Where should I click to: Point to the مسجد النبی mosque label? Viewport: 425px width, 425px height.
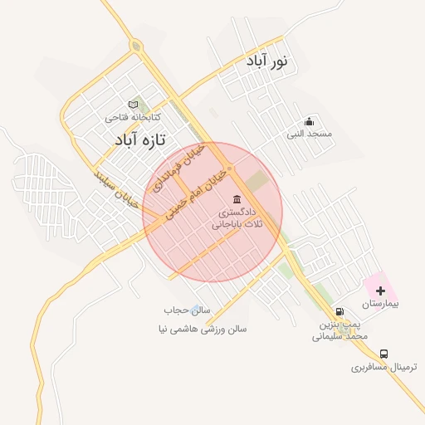click(310, 134)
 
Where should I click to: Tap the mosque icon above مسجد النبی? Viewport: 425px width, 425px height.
click(310, 121)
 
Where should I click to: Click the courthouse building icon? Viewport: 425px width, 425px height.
click(238, 199)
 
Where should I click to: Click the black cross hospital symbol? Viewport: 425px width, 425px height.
click(380, 291)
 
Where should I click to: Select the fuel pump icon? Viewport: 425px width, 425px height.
click(340, 312)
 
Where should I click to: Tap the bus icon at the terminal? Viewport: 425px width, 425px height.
click(383, 353)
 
